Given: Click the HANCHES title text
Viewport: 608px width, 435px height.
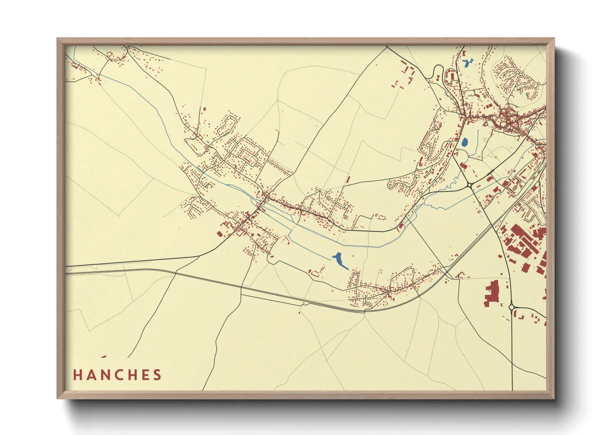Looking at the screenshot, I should point(117,375).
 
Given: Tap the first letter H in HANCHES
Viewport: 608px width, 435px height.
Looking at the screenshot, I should point(78,375).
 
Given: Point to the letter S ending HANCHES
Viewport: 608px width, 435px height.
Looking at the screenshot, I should point(157,375).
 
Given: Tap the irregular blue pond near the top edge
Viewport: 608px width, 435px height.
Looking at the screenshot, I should point(467,63).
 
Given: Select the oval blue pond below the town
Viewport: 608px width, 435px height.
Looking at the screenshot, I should point(465,142).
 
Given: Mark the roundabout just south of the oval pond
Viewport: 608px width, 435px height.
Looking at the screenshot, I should point(469,185).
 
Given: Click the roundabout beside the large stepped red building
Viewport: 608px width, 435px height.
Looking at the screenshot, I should point(511,307).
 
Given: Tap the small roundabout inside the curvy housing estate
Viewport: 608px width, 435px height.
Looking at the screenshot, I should point(512,76).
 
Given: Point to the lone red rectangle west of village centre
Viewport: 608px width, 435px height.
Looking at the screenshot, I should point(219,234).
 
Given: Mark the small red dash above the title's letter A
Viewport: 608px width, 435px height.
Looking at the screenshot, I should point(103,356).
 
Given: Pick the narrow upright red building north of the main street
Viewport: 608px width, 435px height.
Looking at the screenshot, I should point(348,180).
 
